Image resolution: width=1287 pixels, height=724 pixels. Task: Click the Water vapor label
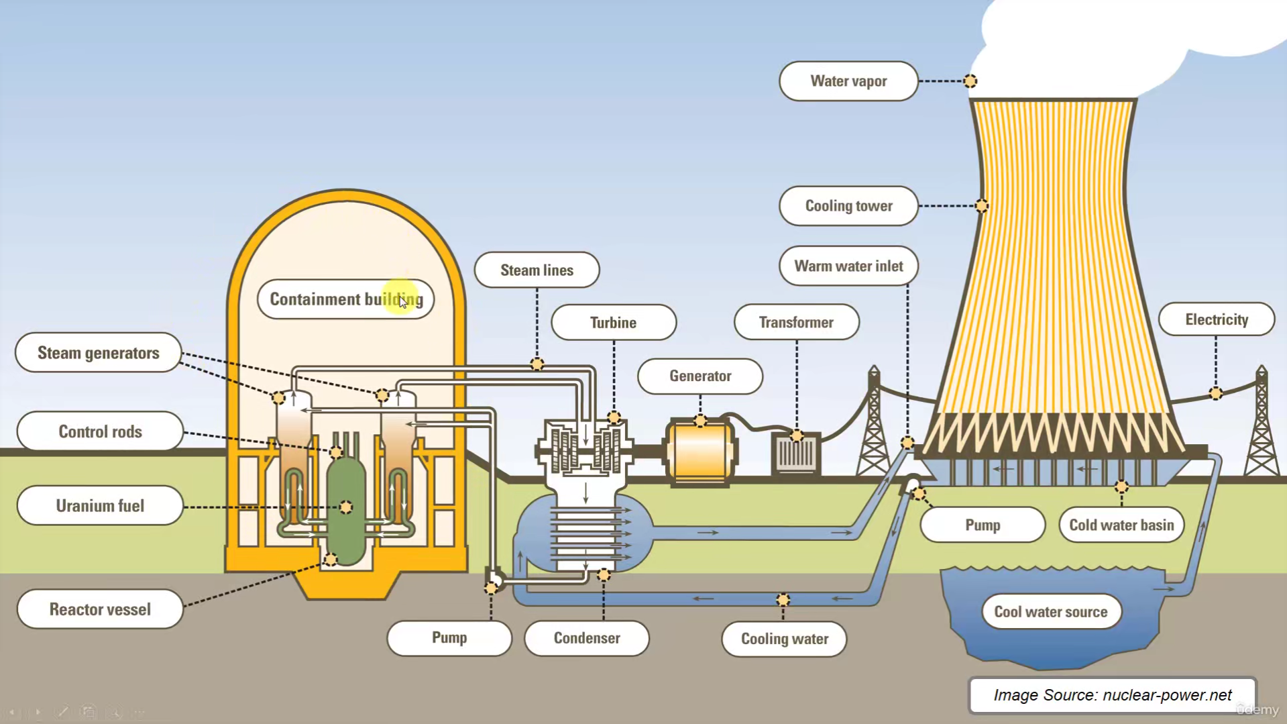[848, 81]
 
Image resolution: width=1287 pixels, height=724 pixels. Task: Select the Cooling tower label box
[848, 206]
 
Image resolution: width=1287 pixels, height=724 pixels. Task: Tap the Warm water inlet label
[848, 266]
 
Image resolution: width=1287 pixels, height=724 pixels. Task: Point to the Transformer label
[796, 323]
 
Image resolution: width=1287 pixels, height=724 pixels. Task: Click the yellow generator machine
[700, 452]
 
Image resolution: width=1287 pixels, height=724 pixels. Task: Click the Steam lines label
[537, 270]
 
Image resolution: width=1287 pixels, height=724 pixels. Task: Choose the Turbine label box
[613, 323]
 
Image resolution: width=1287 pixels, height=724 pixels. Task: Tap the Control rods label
[100, 431]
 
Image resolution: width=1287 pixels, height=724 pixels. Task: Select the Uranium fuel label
[100, 506]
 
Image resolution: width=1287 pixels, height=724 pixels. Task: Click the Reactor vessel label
[100, 609]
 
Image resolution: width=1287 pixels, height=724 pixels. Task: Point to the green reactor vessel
[346, 510]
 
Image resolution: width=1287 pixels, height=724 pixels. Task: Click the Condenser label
[587, 638]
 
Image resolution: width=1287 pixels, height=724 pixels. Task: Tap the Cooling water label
[784, 639]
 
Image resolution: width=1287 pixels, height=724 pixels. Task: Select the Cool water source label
[1050, 612]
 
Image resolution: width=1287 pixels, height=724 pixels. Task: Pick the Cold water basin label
[1121, 525]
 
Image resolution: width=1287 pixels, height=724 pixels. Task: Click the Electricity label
[1216, 320]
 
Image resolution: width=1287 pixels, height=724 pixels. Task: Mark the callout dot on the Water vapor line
[970, 81]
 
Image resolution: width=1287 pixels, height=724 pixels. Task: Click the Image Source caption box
[1112, 695]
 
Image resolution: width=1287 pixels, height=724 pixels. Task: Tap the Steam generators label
[99, 353]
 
